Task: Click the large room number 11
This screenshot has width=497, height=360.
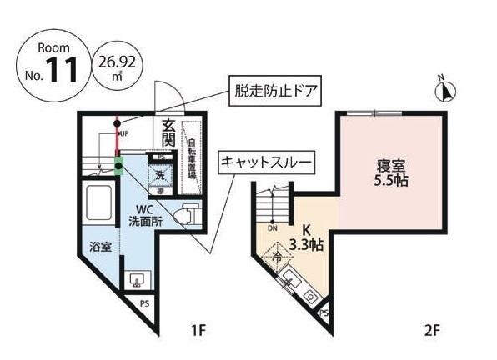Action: pyautogui.click(x=63, y=70)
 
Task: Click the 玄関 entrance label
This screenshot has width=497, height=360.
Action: pyautogui.click(x=168, y=133)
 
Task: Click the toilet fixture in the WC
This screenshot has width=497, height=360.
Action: pyautogui.click(x=188, y=215)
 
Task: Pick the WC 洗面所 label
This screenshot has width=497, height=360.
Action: pyautogui.click(x=146, y=215)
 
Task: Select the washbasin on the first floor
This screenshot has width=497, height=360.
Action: pyautogui.click(x=134, y=279)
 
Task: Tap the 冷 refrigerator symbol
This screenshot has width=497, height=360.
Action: pyautogui.click(x=278, y=259)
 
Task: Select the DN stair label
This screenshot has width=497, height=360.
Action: pyautogui.click(x=272, y=227)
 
